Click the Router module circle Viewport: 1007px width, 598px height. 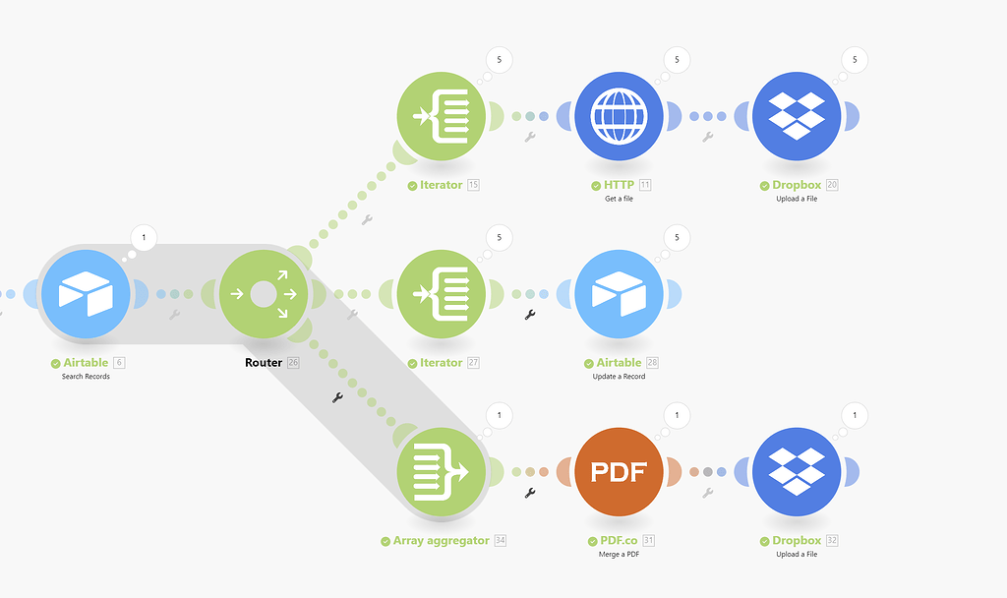pos(264,293)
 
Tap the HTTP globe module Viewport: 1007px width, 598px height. pos(619,116)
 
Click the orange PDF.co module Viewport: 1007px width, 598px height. pos(619,472)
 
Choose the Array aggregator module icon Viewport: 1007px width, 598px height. pos(442,472)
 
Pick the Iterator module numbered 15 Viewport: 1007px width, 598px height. pos(442,116)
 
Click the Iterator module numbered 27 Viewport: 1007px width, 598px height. pos(442,293)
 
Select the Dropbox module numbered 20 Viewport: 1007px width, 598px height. pos(797,116)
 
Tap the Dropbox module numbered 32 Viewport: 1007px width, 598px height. pos(797,472)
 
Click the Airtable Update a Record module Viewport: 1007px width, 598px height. pos(619,293)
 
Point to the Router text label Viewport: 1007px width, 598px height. pos(264,363)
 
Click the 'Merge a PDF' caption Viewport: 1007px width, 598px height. pos(619,554)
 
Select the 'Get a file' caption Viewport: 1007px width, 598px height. pos(619,199)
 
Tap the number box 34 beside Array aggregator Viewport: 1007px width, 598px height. pos(501,541)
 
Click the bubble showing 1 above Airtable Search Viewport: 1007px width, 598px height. pos(144,237)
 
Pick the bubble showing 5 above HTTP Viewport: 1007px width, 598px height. pos(677,60)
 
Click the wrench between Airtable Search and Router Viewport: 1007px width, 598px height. pos(174,315)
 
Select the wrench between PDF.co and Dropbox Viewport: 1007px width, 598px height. pos(707,493)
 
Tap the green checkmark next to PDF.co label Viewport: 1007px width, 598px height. pos(593,541)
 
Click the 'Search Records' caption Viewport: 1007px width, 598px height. pos(87,377)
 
